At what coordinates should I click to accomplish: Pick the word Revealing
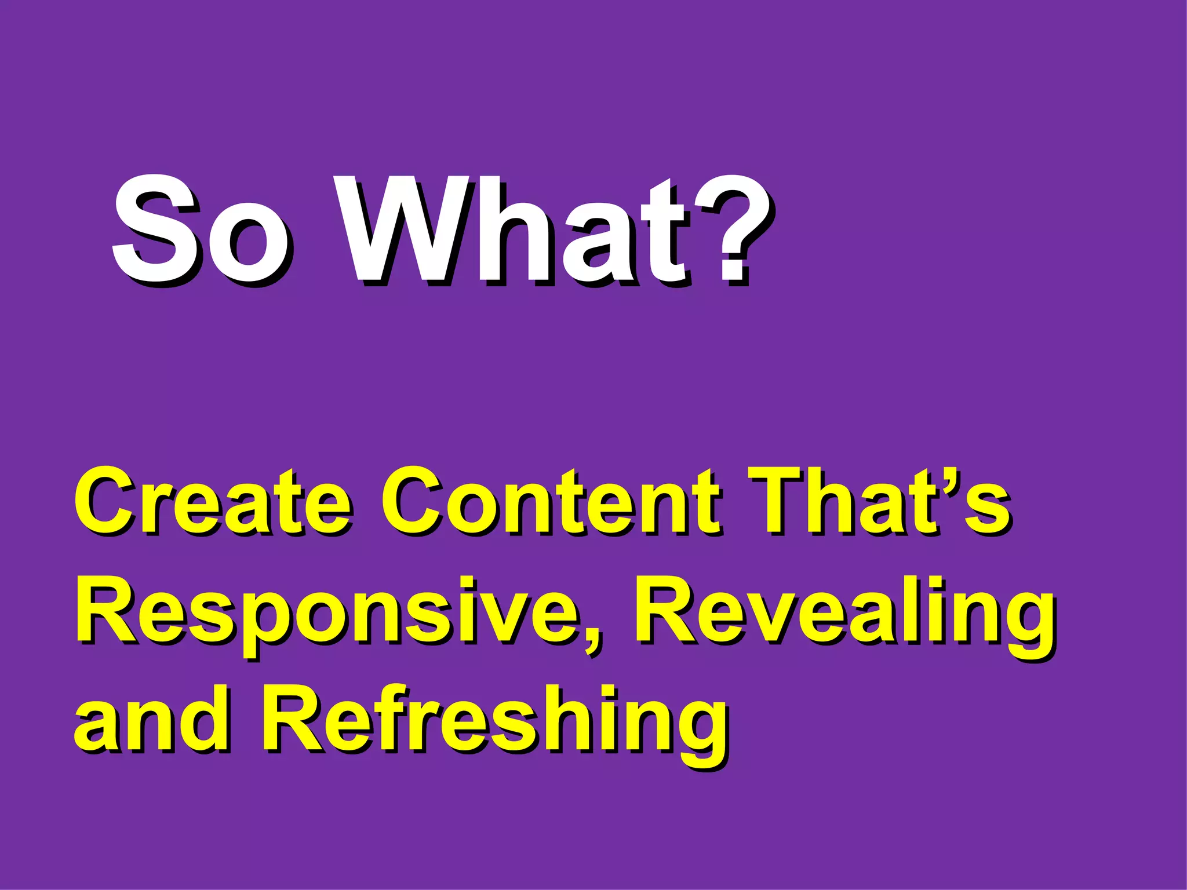[x=843, y=614]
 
